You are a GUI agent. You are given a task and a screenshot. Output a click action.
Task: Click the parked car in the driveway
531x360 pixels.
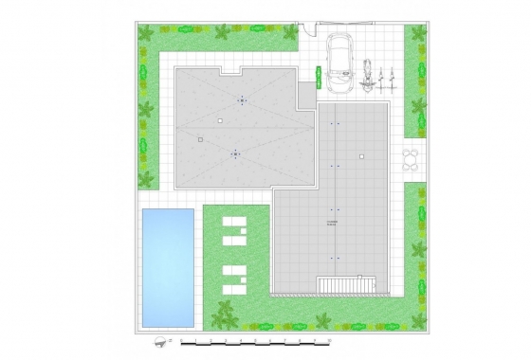338,63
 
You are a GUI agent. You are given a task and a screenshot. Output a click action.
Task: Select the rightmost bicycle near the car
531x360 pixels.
389,75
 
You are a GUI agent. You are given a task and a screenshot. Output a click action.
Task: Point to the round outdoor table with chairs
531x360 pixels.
412,156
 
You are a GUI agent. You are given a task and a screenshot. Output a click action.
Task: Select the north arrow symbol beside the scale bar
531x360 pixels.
156,338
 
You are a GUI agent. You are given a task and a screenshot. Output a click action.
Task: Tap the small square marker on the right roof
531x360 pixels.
361,155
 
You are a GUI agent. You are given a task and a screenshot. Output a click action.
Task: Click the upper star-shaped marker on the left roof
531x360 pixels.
243,99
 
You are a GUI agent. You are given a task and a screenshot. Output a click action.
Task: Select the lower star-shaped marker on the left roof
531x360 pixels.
235,153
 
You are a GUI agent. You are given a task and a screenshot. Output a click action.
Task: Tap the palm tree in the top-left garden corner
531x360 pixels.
146,33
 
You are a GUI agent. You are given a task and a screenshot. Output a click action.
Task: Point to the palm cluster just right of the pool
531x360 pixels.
224,312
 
